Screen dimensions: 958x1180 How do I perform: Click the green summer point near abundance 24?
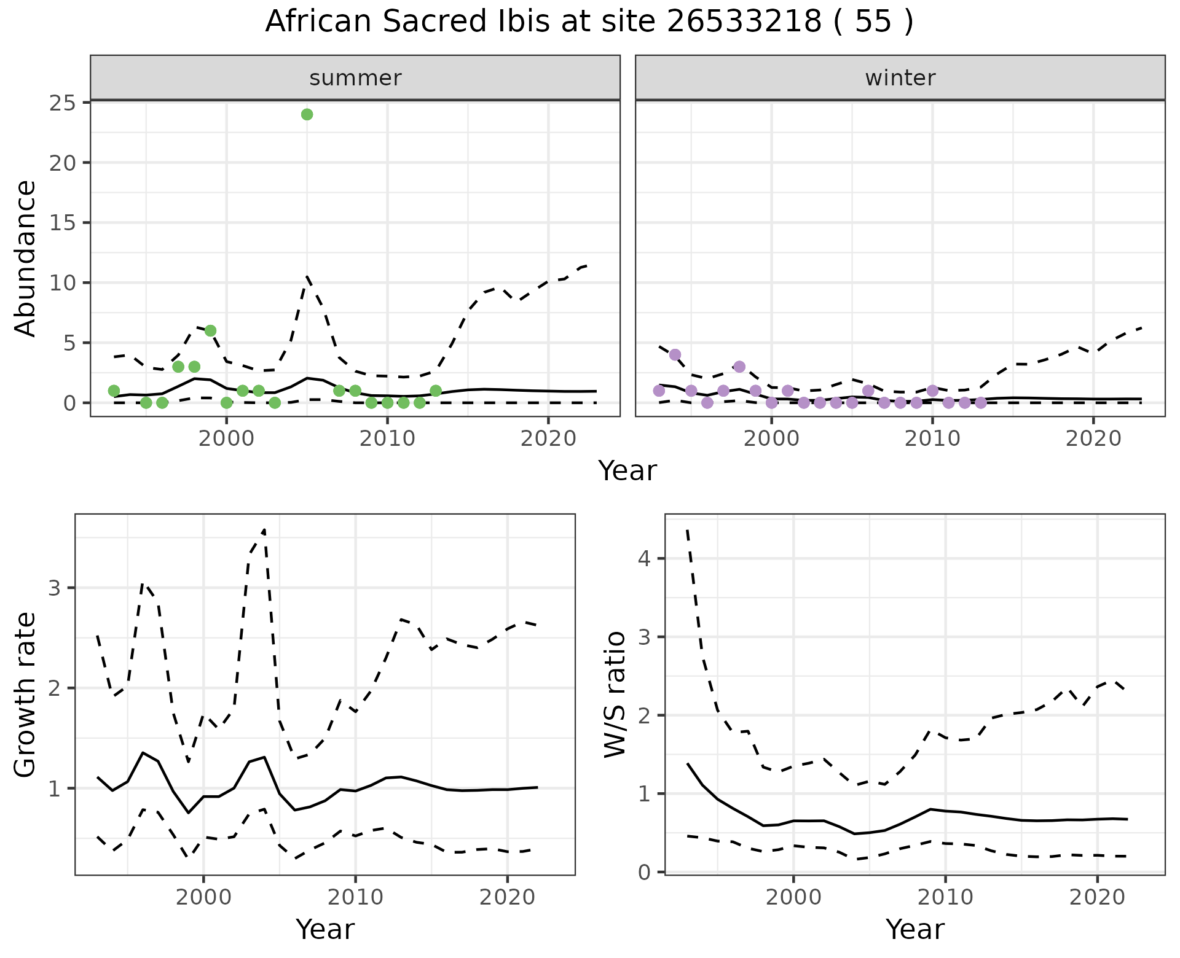[x=307, y=114]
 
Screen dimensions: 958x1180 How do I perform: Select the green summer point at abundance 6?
[x=210, y=331]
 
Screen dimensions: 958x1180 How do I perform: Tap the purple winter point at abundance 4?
[x=675, y=355]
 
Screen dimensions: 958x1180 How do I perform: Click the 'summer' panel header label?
[x=355, y=78]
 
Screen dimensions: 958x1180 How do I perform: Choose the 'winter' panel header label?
[x=900, y=78]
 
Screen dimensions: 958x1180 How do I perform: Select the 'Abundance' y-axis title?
[x=26, y=259]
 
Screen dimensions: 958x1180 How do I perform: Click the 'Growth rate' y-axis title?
[x=26, y=695]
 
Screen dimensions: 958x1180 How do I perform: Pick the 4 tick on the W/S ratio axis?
[x=646, y=559]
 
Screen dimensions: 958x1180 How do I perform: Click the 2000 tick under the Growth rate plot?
[x=203, y=897]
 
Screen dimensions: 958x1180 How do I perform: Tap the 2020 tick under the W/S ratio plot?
[x=1097, y=897]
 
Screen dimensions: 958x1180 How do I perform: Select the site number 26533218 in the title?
[x=744, y=22]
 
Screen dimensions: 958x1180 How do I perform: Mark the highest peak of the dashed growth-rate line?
[x=264, y=529]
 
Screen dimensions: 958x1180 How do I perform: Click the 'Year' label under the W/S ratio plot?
[x=914, y=929]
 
